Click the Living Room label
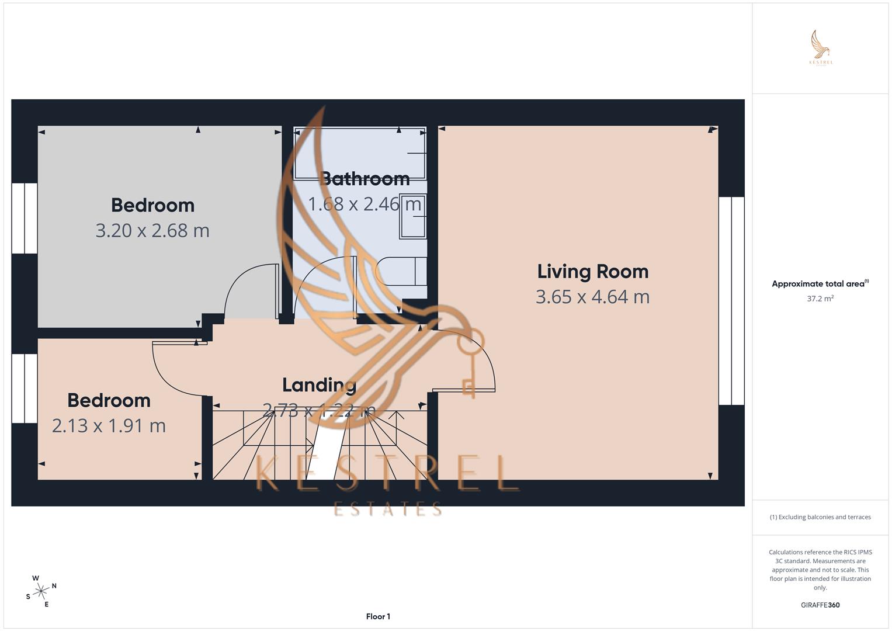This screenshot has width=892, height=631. tap(592, 272)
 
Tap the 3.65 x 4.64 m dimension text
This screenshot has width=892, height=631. tap(592, 297)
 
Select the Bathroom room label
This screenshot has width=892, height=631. tap(365, 178)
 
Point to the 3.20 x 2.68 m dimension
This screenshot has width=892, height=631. tap(152, 230)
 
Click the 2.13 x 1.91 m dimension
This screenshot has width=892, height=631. tap(109, 425)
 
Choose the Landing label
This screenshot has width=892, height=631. tap(319, 385)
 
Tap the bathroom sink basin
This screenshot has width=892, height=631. tap(412, 216)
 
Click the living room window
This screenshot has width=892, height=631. tap(731, 301)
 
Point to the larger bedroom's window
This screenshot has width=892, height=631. tap(25, 218)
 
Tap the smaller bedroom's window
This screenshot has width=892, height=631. tap(25, 388)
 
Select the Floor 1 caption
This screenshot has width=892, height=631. tap(378, 616)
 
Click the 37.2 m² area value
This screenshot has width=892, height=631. tap(820, 299)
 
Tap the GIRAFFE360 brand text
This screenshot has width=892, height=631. tap(820, 605)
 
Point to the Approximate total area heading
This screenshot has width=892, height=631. tap(819, 284)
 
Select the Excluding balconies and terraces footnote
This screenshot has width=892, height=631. tap(820, 517)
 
